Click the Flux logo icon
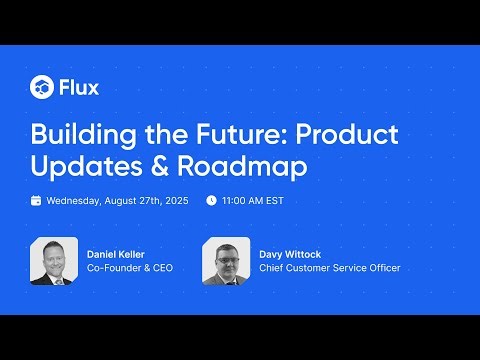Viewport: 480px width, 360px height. point(41,86)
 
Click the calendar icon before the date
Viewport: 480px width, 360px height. point(36,200)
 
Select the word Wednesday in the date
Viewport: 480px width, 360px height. point(74,200)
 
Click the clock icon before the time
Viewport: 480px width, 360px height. point(211,200)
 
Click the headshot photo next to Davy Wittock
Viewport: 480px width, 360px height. point(226,262)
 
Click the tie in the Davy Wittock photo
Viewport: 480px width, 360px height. point(227,279)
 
